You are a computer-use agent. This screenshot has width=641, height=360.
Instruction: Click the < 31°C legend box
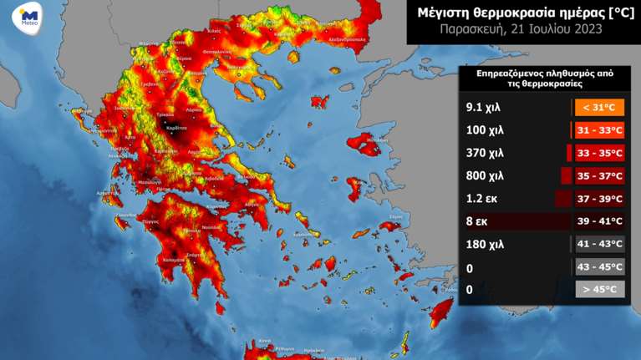(599, 108)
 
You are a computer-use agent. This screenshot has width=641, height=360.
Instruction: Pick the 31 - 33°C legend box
(599, 130)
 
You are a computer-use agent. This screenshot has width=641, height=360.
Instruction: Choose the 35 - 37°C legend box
(599, 176)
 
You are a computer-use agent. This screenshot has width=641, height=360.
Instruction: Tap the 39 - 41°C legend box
(599, 221)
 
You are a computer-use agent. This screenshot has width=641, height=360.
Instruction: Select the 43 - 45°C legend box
(599, 266)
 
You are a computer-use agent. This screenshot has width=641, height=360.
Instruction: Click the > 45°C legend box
(599, 289)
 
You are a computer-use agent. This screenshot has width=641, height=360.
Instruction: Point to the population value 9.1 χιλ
(482, 108)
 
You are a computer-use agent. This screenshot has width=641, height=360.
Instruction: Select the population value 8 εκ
(476, 221)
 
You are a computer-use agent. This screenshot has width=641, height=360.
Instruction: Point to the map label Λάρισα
(194, 109)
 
